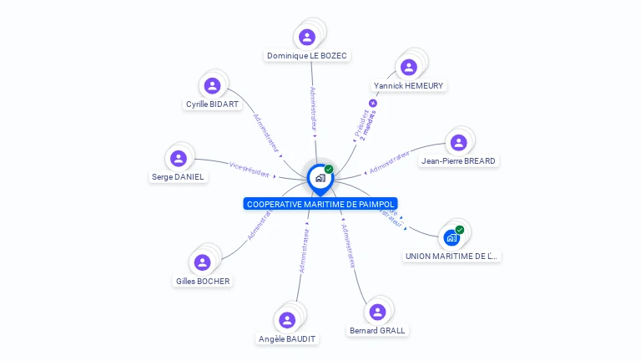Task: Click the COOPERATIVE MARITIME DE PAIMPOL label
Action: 321,204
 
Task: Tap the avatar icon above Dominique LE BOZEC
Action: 307,37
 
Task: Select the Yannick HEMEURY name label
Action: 409,85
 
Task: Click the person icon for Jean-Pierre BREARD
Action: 458,142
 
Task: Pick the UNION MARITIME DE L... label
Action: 452,257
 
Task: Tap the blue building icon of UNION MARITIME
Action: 452,237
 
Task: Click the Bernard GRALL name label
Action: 377,330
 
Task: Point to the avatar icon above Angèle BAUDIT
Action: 287,320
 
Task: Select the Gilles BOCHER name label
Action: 203,281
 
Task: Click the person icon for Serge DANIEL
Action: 178,158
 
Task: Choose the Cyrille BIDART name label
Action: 212,104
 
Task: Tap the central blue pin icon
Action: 320,177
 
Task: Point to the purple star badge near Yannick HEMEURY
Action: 373,103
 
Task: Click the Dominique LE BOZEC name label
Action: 307,56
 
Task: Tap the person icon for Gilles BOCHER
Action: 202,262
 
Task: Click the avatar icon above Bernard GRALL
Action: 377,312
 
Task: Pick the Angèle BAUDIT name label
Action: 288,338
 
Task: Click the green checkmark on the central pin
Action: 329,169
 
